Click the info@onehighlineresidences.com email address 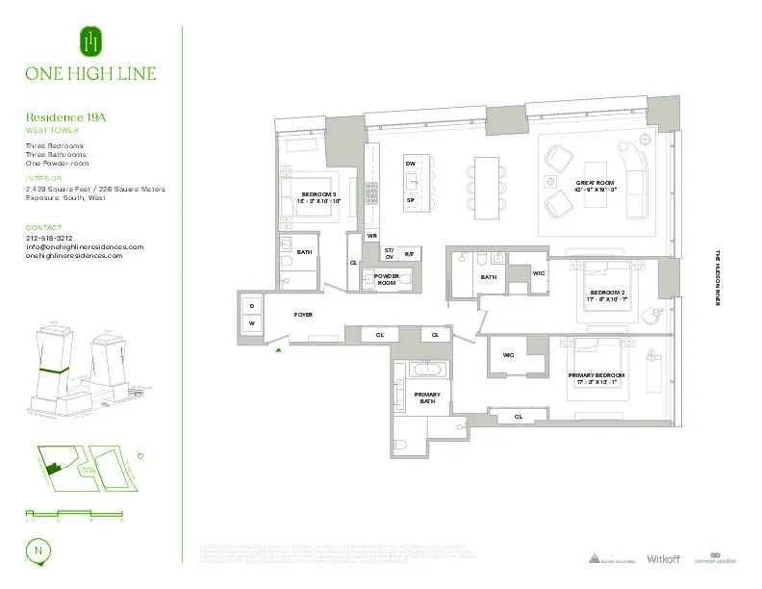(x=85, y=246)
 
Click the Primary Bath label (x=427, y=398)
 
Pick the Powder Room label (x=387, y=279)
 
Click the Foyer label (x=303, y=315)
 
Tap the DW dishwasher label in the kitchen (x=410, y=165)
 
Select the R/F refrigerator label (x=409, y=253)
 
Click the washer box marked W (x=252, y=324)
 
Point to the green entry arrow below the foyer (x=279, y=351)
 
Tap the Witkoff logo (x=663, y=558)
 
